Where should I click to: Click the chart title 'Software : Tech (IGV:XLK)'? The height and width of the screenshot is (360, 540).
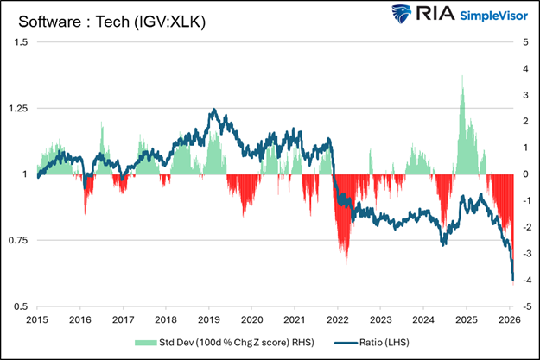click(x=105, y=20)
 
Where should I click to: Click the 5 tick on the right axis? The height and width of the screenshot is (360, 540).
click(x=526, y=42)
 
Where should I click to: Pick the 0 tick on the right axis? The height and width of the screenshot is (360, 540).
click(x=526, y=174)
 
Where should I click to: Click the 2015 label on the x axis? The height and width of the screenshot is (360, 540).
click(x=38, y=319)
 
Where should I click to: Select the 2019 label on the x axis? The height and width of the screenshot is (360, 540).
click(x=209, y=319)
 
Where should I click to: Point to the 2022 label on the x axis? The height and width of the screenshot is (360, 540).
click(x=337, y=319)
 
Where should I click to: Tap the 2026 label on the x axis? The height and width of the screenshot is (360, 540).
click(x=508, y=319)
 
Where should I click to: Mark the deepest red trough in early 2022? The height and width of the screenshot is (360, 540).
click(x=346, y=263)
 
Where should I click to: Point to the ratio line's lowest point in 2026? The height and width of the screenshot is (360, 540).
click(x=513, y=281)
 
